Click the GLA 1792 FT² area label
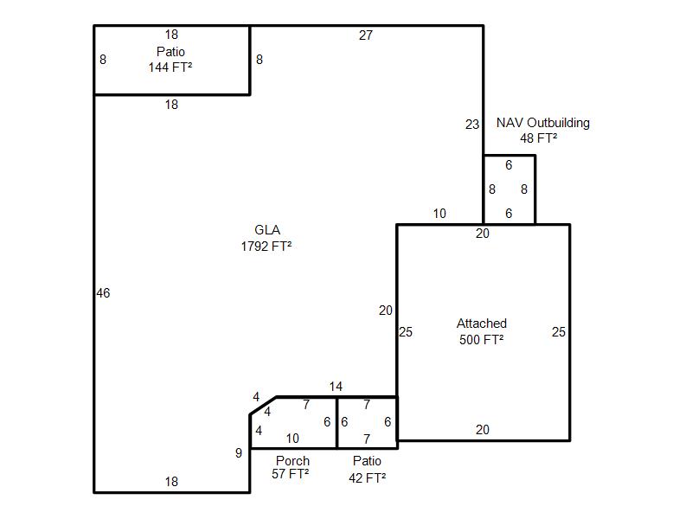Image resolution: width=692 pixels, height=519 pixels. [x=266, y=238]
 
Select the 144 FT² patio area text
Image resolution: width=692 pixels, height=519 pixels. [x=170, y=67]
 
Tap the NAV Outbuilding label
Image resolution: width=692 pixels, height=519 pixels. [x=543, y=123]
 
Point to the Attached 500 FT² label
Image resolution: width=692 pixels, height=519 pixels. [x=482, y=331]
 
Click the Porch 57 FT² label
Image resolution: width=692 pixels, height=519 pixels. [x=291, y=467]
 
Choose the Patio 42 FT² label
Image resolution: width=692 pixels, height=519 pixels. [x=367, y=469]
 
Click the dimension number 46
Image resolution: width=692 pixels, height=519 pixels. [x=103, y=293]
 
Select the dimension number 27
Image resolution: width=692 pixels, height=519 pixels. [x=366, y=35]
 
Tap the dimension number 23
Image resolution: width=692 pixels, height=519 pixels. [x=472, y=125]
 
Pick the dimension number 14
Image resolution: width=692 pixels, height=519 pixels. [x=336, y=387]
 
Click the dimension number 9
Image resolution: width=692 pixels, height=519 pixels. [x=239, y=452]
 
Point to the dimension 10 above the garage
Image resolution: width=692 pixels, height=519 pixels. [x=439, y=214]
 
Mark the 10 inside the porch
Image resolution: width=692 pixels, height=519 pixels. [x=292, y=439]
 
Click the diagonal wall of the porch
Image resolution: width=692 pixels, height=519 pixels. [x=263, y=406]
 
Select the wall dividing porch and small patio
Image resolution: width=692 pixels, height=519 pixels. [x=336, y=423]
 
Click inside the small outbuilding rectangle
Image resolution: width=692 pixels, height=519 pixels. [x=509, y=189]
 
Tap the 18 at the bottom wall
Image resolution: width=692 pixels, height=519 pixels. [x=171, y=482]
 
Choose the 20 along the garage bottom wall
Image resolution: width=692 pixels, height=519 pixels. [x=483, y=429]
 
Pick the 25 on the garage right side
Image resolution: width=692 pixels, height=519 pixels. [x=558, y=332]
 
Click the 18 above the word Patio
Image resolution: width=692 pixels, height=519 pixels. [x=171, y=35]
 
